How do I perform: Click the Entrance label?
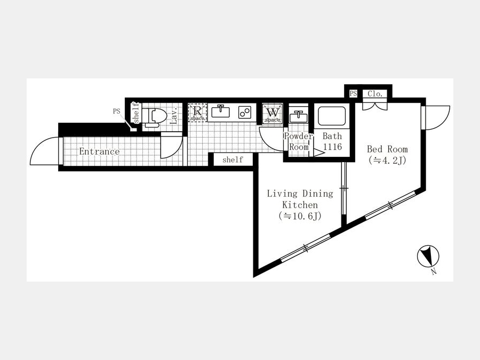[x=99, y=151]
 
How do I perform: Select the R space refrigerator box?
[x=197, y=113]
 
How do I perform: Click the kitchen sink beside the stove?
[x=220, y=112]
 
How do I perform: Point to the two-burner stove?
[x=245, y=113]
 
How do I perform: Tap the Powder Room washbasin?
[x=298, y=116]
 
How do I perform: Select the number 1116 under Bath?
[x=332, y=147]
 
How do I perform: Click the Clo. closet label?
[x=375, y=94]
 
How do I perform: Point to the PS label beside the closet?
[x=353, y=93]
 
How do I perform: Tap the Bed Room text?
[x=387, y=149]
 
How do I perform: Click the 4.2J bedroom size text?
[x=388, y=160]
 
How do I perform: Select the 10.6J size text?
[x=300, y=216]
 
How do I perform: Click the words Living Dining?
[x=300, y=194]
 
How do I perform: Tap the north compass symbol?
[x=428, y=257]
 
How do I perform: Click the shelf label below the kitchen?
[x=233, y=159]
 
